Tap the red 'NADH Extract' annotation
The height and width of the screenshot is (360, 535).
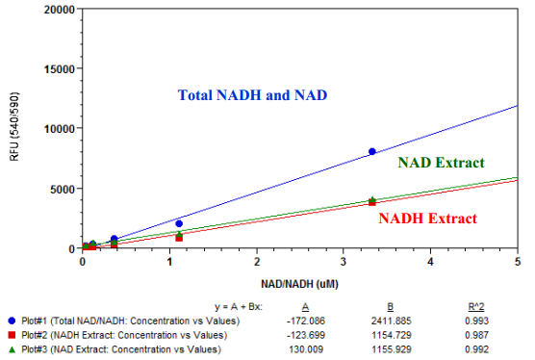[x=427, y=219]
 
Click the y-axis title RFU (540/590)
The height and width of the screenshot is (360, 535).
[x=13, y=126]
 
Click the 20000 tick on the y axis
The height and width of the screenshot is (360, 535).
[x=60, y=9]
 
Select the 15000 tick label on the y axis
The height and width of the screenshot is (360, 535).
[x=60, y=68]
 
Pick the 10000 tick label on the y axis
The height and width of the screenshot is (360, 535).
[x=60, y=128]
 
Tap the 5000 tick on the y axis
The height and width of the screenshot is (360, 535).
[x=63, y=189]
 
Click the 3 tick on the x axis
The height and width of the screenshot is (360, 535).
[x=344, y=260]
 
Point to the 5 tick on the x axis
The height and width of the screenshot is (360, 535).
[x=518, y=260]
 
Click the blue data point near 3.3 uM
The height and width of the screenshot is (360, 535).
[x=372, y=151]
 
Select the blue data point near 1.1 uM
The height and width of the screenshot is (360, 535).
[x=179, y=223]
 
